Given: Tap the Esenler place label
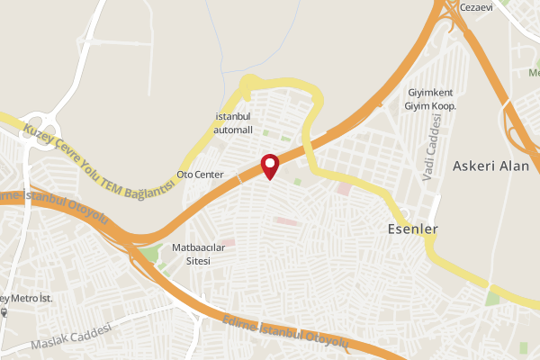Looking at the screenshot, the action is (411, 229).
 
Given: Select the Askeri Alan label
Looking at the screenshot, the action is (490, 166).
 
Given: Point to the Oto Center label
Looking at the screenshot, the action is (200, 174).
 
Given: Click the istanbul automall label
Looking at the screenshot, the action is (233, 124).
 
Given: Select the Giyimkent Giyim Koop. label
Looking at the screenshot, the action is (433, 99).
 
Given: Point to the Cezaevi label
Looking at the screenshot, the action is (477, 7).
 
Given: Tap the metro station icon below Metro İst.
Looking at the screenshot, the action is (4, 313).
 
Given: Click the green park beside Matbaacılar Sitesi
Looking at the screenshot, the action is (149, 253).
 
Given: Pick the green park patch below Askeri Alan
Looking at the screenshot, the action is (491, 298).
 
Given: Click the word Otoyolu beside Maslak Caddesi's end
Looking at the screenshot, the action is (326, 339).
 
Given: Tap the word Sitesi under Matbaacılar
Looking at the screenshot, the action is (197, 261).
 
